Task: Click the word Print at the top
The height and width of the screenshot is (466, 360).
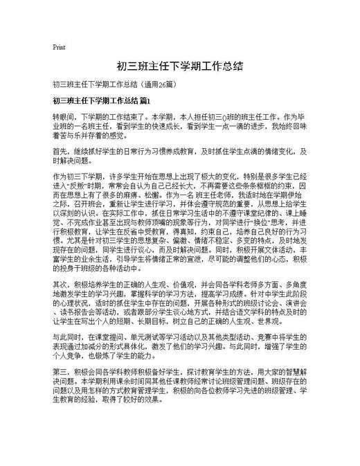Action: pos(59,47)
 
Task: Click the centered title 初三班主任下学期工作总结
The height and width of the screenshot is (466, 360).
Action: pos(179,66)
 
